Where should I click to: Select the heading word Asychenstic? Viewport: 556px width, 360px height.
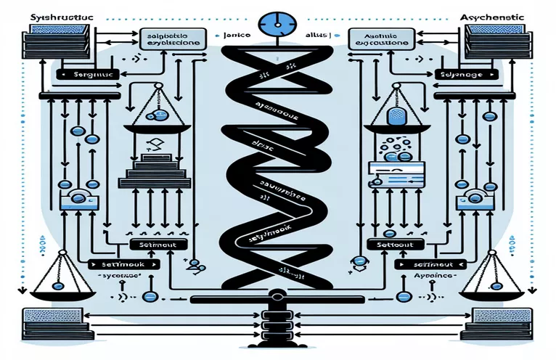tap(509, 15)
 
